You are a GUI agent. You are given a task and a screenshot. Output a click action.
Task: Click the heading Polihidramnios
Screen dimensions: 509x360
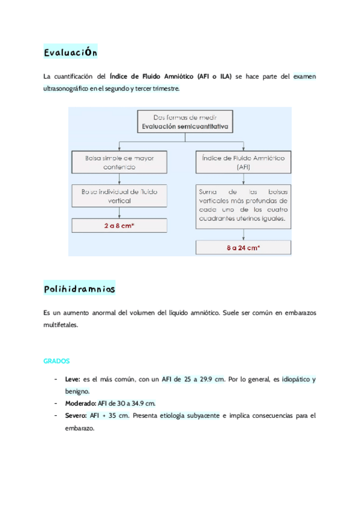point(79,289)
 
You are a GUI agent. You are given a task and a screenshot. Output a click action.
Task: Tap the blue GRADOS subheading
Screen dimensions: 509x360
point(57,361)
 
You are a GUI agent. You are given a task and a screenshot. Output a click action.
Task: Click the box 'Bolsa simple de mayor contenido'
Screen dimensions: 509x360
point(119,162)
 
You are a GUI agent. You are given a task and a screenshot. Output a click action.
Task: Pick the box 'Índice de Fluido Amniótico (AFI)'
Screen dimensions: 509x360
point(243,162)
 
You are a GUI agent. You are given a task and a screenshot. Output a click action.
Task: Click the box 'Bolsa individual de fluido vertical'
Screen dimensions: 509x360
point(119,196)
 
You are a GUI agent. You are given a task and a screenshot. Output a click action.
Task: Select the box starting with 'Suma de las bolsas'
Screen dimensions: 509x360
point(243,205)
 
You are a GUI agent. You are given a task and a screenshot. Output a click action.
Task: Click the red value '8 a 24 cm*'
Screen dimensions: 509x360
point(243,247)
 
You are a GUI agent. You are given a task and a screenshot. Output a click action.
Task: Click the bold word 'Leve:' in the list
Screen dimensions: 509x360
point(73,379)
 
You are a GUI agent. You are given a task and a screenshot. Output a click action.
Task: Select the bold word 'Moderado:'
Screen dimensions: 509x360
point(80,403)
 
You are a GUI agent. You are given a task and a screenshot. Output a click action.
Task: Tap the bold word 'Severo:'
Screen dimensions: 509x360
point(75,415)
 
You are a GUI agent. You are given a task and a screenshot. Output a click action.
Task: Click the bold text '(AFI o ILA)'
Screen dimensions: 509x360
point(214,76)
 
